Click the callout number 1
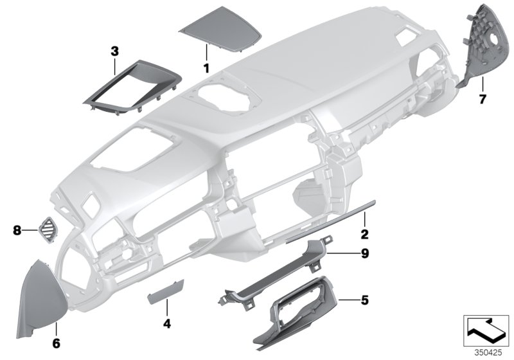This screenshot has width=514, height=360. click(x=207, y=67)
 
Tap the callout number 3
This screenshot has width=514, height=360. click(x=115, y=50)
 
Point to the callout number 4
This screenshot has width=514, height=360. click(x=167, y=325)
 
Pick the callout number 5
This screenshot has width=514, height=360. click(x=365, y=300)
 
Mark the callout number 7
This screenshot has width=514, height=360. click(x=483, y=99)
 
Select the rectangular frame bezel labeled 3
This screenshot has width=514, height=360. click(x=122, y=87)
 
